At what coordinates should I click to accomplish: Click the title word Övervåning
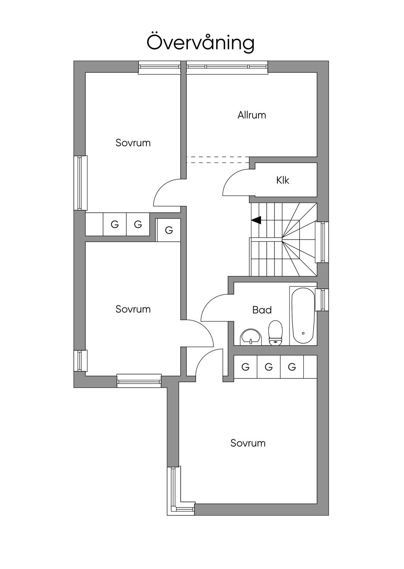[x=200, y=42]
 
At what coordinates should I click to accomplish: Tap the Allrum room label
[x=252, y=115]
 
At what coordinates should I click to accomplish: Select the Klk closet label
[x=283, y=180]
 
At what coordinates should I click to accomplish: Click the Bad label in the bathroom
[x=262, y=310]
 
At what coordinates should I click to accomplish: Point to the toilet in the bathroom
[x=275, y=333]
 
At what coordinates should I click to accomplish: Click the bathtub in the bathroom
[x=303, y=316]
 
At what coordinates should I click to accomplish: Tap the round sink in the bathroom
[x=251, y=337]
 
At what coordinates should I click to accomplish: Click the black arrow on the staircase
[x=256, y=220]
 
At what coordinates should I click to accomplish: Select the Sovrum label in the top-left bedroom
[x=133, y=143]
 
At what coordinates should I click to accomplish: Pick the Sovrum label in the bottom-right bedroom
[x=248, y=443]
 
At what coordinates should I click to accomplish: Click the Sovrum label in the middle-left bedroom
[x=133, y=309]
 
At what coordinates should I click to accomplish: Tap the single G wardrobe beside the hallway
[x=169, y=230]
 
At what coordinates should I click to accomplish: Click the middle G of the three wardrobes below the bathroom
[x=269, y=367]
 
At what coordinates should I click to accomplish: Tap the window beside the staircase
[x=324, y=242]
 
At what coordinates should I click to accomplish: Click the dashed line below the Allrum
[x=218, y=160]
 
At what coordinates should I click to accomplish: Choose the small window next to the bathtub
[x=323, y=299]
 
